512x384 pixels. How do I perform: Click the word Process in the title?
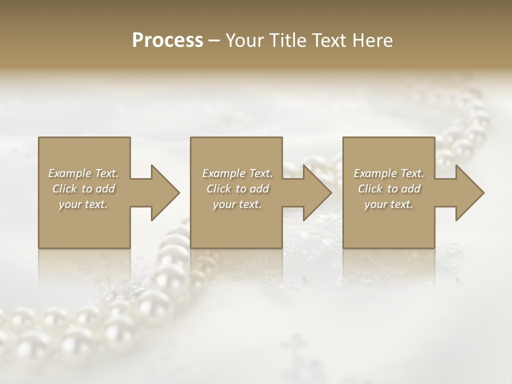[167, 41]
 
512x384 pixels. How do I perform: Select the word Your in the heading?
[243, 41]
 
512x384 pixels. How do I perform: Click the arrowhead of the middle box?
[317, 193]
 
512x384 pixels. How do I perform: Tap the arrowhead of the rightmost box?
[469, 193]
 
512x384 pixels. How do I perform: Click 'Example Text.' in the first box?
[83, 173]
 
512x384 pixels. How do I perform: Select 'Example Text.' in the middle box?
[237, 173]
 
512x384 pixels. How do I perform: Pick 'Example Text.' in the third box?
[389, 173]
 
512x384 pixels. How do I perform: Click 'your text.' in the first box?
[83, 204]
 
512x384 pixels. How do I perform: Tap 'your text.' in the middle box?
[237, 204]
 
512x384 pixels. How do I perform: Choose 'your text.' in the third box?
[389, 204]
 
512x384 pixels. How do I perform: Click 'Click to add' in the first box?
[83, 189]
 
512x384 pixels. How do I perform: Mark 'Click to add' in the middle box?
[237, 189]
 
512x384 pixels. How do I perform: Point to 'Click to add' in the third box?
[389, 189]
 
